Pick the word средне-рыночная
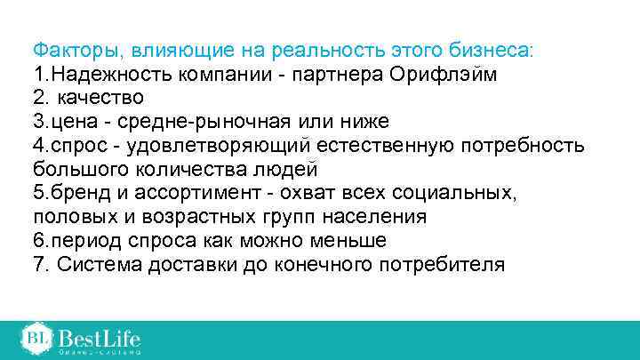pyautogui.click(x=208, y=121)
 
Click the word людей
pyautogui.click(x=288, y=169)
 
